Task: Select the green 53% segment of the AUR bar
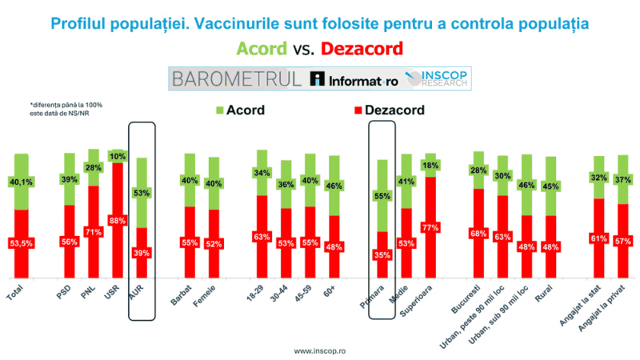pos(141,193)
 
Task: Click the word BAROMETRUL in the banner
pos(236,78)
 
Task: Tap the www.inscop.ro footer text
pos(320,350)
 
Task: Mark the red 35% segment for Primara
pos(382,255)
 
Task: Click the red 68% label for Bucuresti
pos(478,233)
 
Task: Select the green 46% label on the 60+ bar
pos(334,186)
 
